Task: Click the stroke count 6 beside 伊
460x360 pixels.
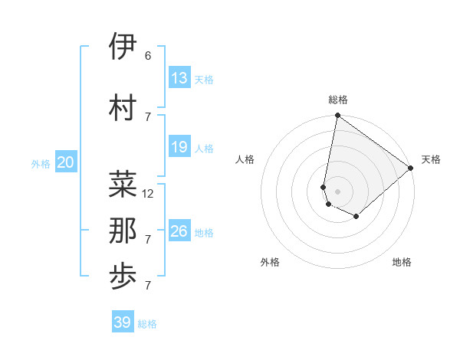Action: tap(148, 56)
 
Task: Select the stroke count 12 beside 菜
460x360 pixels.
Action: tap(149, 194)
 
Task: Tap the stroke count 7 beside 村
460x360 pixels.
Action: tap(148, 116)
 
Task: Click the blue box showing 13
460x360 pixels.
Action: tap(179, 78)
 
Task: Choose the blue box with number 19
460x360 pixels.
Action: tap(179, 147)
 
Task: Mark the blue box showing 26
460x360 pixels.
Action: tap(179, 231)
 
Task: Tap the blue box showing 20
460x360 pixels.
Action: tap(66, 162)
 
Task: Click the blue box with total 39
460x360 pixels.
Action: tap(123, 322)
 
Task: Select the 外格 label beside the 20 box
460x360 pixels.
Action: tap(41, 163)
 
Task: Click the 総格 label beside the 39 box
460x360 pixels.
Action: tap(147, 324)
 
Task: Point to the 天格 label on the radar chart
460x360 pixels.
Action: tap(431, 159)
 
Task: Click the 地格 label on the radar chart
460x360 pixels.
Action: tap(402, 262)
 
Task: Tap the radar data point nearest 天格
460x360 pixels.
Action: tap(411, 168)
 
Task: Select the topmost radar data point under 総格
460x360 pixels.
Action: tap(337, 116)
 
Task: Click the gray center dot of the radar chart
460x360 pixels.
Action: tap(337, 191)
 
